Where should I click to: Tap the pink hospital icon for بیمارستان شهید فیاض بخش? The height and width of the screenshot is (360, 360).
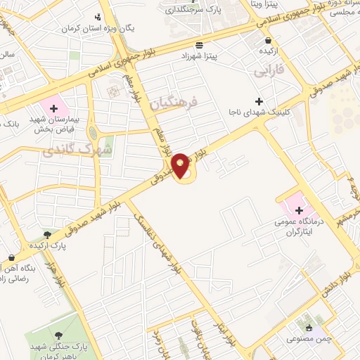[52, 108]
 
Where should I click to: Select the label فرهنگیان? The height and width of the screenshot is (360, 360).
[175, 103]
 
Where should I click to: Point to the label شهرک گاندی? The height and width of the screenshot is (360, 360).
[77, 149]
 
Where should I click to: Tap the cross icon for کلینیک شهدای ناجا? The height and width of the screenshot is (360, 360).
[258, 101]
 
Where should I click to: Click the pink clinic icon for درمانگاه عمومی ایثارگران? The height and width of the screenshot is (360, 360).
[299, 210]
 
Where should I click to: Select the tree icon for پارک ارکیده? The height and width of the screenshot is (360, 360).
[47, 236]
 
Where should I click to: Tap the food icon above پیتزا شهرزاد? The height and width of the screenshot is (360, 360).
[200, 41]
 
